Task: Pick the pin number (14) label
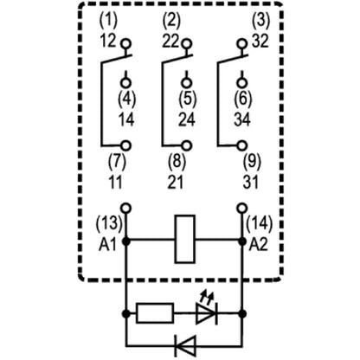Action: click(x=260, y=225)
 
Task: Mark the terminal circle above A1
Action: click(x=127, y=209)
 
